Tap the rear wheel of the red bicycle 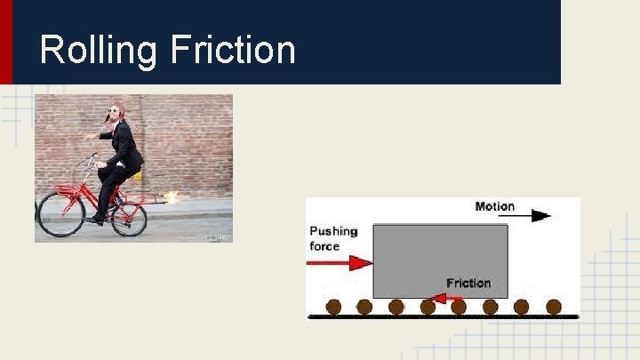coord(129,218)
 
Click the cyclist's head coord(116,113)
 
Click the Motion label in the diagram coord(494,206)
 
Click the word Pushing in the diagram coord(333,231)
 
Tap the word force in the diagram coord(324,246)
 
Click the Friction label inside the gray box coord(468,283)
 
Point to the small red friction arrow coord(456,297)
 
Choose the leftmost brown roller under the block coord(333,307)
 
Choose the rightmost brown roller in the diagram coord(554,307)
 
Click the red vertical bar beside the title coord(6,42)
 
